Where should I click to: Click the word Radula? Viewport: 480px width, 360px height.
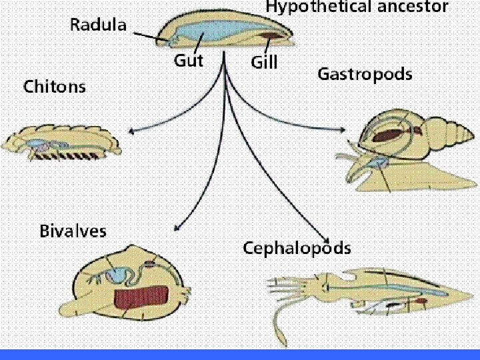click(x=98, y=26)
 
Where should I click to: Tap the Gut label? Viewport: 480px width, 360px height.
click(x=188, y=61)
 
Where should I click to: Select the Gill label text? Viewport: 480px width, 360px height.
click(x=263, y=63)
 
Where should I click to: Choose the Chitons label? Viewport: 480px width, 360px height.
click(x=55, y=87)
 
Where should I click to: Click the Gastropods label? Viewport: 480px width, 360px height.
click(x=365, y=74)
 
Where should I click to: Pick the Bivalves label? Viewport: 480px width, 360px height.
click(x=73, y=231)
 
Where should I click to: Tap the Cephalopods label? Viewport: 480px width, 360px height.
click(x=297, y=249)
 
